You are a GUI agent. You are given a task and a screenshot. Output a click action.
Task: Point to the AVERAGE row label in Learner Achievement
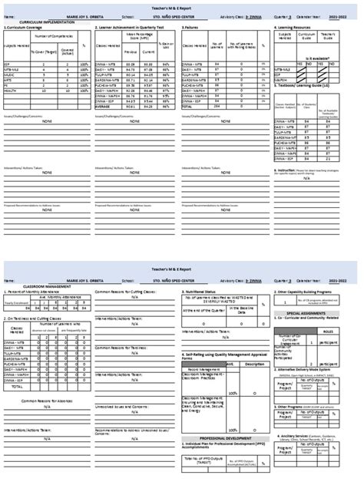click(102, 107)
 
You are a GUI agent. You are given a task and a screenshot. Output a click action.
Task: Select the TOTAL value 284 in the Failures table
click(218, 107)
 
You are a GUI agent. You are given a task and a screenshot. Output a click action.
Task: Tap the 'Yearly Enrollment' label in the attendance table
click(17, 304)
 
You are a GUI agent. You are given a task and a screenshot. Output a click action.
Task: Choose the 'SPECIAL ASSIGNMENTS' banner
click(315, 313)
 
